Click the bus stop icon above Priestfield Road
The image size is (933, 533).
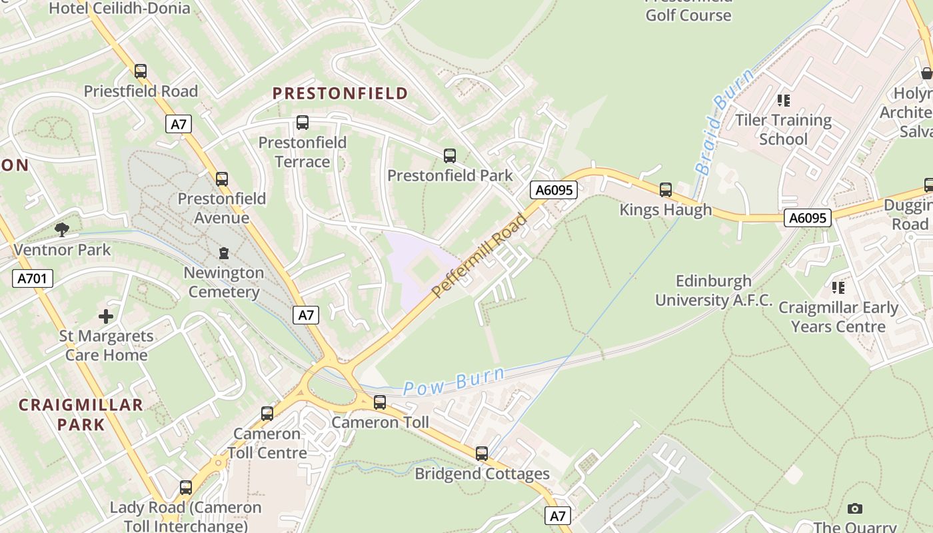click(x=140, y=71)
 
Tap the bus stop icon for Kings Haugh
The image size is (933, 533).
click(x=665, y=190)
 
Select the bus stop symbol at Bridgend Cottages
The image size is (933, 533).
click(x=482, y=454)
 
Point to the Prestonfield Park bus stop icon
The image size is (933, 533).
click(x=450, y=156)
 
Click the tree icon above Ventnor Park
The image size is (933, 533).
click(x=62, y=230)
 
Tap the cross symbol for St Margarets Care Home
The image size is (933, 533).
click(x=106, y=316)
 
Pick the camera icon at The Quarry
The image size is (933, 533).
click(x=854, y=508)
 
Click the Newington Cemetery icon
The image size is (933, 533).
click(x=223, y=253)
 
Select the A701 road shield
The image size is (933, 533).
click(x=32, y=278)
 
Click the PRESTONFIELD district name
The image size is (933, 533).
click(x=340, y=93)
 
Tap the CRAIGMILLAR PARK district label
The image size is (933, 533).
click(x=81, y=414)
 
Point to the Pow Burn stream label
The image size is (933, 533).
click(x=454, y=382)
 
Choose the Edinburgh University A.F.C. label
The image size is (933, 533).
click(x=714, y=290)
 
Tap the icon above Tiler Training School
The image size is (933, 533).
click(x=784, y=101)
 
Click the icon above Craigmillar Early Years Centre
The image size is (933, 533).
click(x=838, y=288)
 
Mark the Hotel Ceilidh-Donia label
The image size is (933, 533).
click(x=119, y=9)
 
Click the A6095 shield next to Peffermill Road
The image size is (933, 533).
click(x=553, y=191)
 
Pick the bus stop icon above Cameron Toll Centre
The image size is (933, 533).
click(x=267, y=413)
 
